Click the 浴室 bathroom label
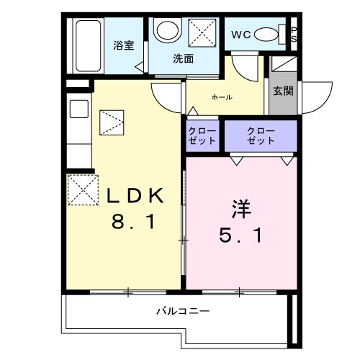(123, 45)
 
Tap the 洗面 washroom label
(183, 59)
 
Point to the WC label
(240, 35)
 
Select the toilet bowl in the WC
(269, 34)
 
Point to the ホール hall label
(221, 96)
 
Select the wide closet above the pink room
(260, 135)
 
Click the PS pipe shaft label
(293, 33)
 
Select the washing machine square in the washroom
(204, 32)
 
